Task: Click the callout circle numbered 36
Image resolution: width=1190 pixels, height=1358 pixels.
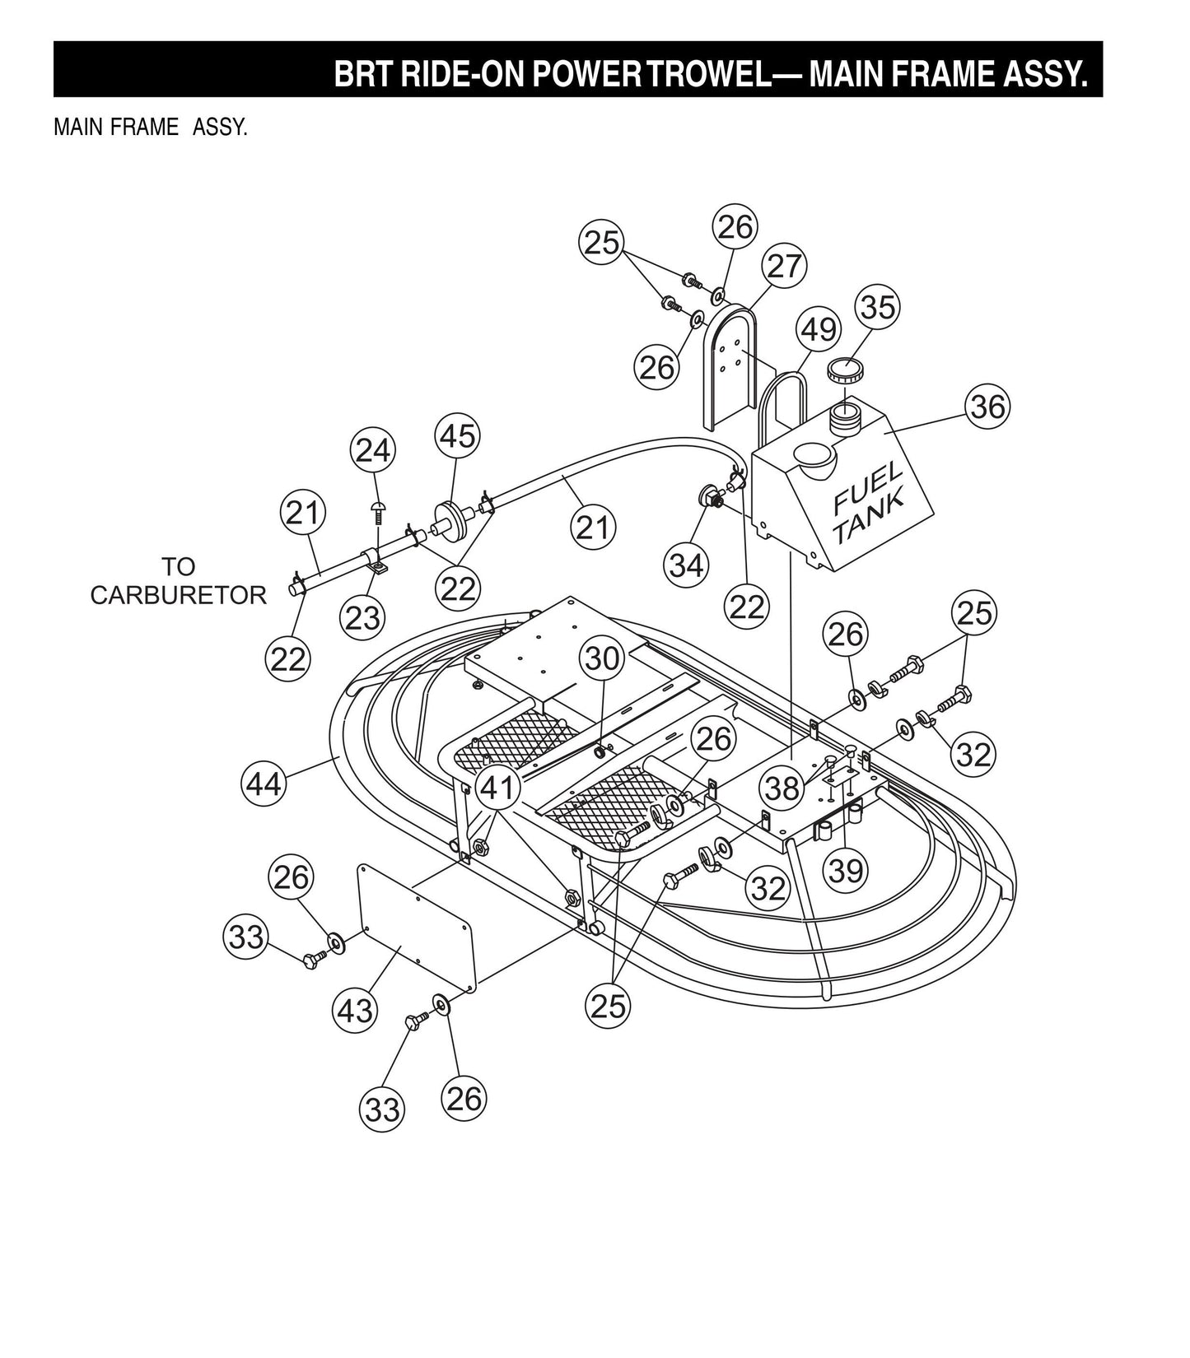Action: pyautogui.click(x=987, y=406)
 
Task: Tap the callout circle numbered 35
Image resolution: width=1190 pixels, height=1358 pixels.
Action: pyautogui.click(x=876, y=306)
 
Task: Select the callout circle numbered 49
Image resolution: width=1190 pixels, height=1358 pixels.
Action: pyautogui.click(x=818, y=329)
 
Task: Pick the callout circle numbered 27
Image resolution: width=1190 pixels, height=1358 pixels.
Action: pyautogui.click(x=783, y=266)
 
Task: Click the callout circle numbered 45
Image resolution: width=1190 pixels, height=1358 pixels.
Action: pyautogui.click(x=458, y=435)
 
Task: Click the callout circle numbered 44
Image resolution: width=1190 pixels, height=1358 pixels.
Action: pyautogui.click(x=264, y=783)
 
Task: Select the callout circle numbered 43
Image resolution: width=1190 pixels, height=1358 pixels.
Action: pyautogui.click(x=355, y=1010)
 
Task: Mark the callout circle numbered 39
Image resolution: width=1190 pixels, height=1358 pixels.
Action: pyautogui.click(x=846, y=870)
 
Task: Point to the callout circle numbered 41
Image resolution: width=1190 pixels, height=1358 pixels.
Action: pyautogui.click(x=497, y=788)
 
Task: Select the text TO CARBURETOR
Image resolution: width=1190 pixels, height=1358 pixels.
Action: pyautogui.click(x=178, y=581)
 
